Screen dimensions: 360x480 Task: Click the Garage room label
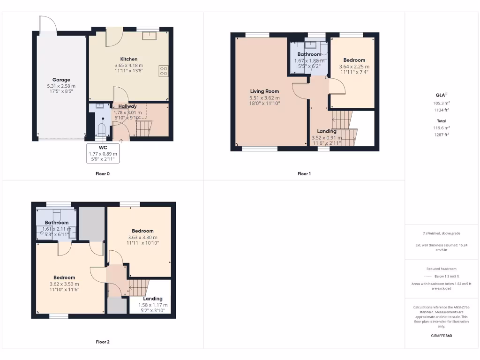click(61, 80)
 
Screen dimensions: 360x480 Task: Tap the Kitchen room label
click(128, 59)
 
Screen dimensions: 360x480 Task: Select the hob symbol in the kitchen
click(164, 71)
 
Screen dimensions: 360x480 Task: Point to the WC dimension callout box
click(103, 154)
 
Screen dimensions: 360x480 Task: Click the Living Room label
click(264, 91)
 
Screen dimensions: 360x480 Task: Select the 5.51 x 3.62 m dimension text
click(264, 97)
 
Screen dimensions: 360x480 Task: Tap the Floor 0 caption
click(102, 173)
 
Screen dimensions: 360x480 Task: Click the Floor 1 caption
click(304, 173)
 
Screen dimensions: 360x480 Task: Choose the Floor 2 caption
click(102, 342)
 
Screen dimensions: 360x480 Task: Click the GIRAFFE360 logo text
click(442, 336)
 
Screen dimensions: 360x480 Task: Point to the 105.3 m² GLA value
click(442, 103)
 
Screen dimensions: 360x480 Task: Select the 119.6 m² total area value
click(442, 127)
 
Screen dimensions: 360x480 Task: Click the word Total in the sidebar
click(442, 120)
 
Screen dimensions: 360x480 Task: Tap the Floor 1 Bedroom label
click(354, 60)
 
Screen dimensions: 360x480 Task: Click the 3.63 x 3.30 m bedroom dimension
click(142, 237)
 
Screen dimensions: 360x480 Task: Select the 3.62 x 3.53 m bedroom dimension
click(64, 284)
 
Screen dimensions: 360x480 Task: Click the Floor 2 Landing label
click(153, 299)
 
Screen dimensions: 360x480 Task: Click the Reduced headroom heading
click(442, 269)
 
